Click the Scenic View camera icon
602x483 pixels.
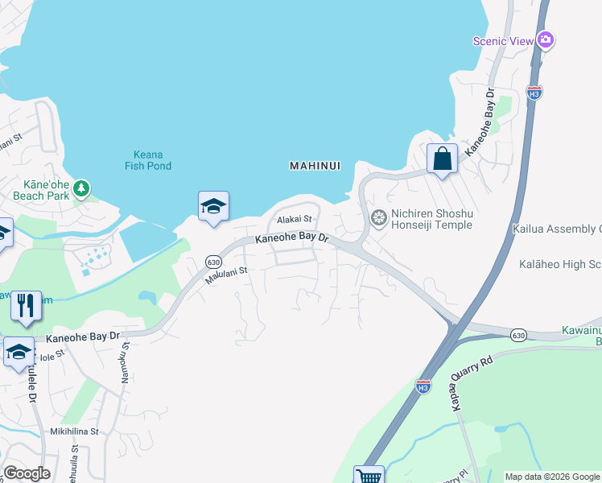[546, 39]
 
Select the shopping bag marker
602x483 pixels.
[443, 158]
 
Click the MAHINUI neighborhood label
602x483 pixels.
[315, 166]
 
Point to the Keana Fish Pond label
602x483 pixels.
[148, 160]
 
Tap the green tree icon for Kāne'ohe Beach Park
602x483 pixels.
[80, 188]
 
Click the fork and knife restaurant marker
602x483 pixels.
[27, 306]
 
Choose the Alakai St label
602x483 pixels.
[294, 219]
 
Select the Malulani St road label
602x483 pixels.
[224, 277]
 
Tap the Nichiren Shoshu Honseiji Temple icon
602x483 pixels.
[378, 218]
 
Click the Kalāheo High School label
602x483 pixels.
[560, 264]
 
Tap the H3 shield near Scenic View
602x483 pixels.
[534, 92]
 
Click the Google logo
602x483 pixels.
[27, 473]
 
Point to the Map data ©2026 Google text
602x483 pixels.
[551, 477]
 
